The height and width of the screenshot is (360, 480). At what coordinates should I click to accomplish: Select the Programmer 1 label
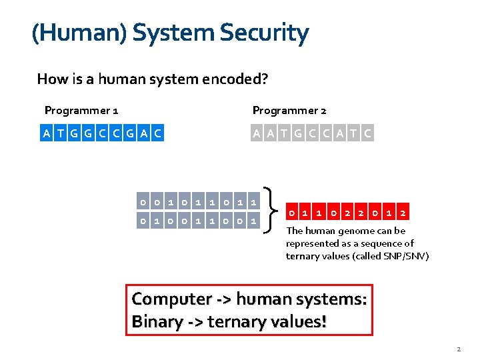(81, 111)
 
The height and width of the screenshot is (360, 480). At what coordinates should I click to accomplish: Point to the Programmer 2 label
(289, 111)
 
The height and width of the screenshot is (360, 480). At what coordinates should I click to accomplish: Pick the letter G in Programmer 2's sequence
(297, 133)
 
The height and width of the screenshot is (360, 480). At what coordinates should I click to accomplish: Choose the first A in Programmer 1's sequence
(46, 133)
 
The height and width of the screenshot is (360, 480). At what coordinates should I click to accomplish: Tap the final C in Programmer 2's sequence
(367, 133)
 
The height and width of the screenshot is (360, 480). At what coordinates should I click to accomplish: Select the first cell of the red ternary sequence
(291, 213)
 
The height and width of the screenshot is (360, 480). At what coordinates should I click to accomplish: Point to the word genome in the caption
(347, 231)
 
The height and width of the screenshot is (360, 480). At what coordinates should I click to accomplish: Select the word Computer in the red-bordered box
(170, 299)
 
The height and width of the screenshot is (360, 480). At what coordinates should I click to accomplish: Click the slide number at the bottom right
(459, 349)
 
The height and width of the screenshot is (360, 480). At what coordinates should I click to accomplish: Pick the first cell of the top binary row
(142, 201)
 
